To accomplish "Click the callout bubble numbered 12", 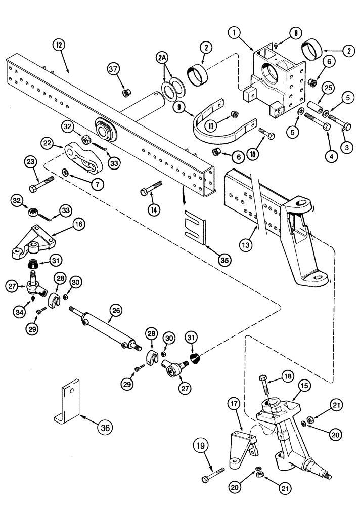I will (x=59, y=45).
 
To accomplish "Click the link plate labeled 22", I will (x=84, y=159).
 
